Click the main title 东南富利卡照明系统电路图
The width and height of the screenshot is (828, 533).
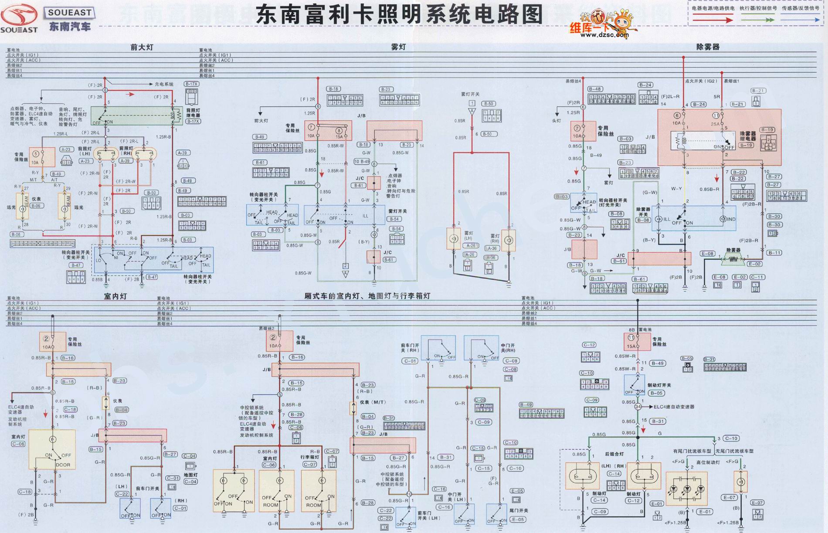pyautogui.click(x=399, y=15)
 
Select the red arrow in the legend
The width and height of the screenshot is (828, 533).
pyautogui.click(x=713, y=20)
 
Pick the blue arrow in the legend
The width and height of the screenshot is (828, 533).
pyautogui.click(x=800, y=20)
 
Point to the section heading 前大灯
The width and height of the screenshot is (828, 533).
pyautogui.click(x=142, y=47)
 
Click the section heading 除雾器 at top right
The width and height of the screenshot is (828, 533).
pyautogui.click(x=708, y=47)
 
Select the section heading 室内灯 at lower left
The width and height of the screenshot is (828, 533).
pyautogui.click(x=115, y=296)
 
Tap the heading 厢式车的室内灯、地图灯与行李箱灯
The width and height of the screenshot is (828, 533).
pyautogui.click(x=367, y=296)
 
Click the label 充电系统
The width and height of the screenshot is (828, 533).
pyautogui.click(x=164, y=84)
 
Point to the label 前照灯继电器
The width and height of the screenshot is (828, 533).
pyautogui.click(x=193, y=113)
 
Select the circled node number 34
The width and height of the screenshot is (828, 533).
pyautogui.click(x=638, y=407)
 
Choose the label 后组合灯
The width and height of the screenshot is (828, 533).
pyautogui.click(x=614, y=454)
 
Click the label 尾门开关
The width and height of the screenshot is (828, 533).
pyautogui.click(x=519, y=510)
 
